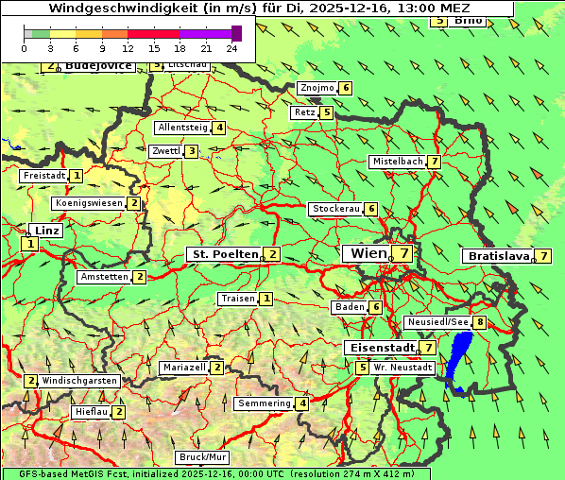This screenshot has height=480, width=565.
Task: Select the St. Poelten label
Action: (224, 254)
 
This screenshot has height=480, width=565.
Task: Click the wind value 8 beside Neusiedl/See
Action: (480, 322)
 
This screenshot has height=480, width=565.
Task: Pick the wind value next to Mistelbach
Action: (434, 162)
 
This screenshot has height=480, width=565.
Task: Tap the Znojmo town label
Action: (317, 88)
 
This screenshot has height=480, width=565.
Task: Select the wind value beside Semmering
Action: (301, 403)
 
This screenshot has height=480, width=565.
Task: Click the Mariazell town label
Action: (183, 367)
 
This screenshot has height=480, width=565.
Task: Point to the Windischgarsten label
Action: (79, 381)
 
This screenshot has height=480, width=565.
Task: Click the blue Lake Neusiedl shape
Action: (460, 359)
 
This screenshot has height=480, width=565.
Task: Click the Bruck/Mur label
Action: (203, 456)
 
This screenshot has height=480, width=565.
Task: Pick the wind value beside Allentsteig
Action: (218, 128)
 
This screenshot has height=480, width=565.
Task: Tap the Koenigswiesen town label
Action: (89, 203)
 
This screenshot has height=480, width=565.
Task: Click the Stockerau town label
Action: (335, 209)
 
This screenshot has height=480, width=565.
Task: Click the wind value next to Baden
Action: (375, 307)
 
